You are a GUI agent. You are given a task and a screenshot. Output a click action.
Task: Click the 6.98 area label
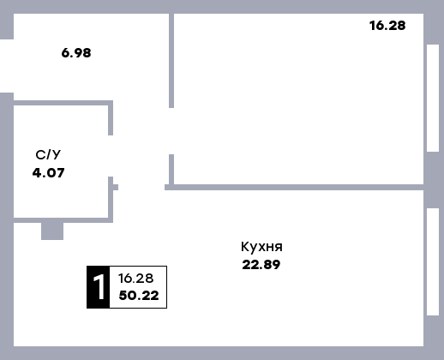pyautogui.click(x=76, y=53)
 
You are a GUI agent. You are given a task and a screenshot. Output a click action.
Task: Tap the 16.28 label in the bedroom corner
pyautogui.click(x=387, y=26)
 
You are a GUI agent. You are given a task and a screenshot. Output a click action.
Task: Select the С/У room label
pyautogui.click(x=48, y=155)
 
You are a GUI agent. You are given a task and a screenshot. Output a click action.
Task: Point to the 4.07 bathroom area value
pyautogui.click(x=48, y=173)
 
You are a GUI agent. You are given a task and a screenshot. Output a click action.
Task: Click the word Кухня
pyautogui.click(x=261, y=247)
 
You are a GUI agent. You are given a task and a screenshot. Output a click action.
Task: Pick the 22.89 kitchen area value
pyautogui.click(x=261, y=265)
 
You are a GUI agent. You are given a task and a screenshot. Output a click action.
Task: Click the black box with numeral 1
pyautogui.click(x=99, y=287)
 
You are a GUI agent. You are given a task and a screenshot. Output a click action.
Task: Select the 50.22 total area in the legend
pyautogui.click(x=139, y=296)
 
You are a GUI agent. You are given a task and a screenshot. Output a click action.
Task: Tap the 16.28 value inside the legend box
pyautogui.click(x=136, y=279)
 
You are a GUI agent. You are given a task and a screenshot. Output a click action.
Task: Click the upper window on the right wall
pyautogui.click(x=433, y=98)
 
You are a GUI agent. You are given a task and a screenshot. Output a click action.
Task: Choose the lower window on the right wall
pyautogui.click(x=433, y=262)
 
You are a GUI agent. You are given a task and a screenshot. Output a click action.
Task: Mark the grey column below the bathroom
pyautogui.click(x=52, y=231)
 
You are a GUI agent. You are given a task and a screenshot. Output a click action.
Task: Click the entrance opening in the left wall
pyautogui.click(x=7, y=66)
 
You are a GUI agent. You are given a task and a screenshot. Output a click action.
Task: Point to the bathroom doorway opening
pyautogui.click(x=111, y=156)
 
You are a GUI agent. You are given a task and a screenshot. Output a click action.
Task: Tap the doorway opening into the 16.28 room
pyautogui.click(x=171, y=131)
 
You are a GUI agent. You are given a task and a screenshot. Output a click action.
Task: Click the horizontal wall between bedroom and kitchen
pyautogui.click(x=294, y=188)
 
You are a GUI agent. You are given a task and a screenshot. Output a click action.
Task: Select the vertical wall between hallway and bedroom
pyautogui.click(x=171, y=61)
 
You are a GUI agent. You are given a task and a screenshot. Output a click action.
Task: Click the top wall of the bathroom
pyautogui.click(x=63, y=103)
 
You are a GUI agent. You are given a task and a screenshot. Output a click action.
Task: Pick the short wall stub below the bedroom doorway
pyautogui.click(x=171, y=170)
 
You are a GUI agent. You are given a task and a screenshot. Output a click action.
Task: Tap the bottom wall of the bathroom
pyautogui.click(x=63, y=220)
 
